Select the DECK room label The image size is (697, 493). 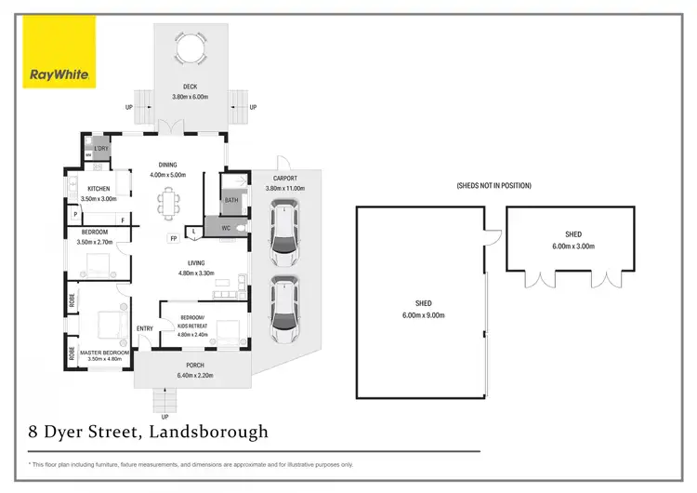pos(191,87)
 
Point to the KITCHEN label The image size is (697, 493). pos(99,189)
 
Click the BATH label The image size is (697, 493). pos(231,200)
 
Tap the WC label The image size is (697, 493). pos(226,227)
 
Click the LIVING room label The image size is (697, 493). pos(195,263)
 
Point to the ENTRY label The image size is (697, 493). pos(145,328)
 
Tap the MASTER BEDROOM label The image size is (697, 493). pos(103,353)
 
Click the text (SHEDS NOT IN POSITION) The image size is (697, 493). pos(494,186)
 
